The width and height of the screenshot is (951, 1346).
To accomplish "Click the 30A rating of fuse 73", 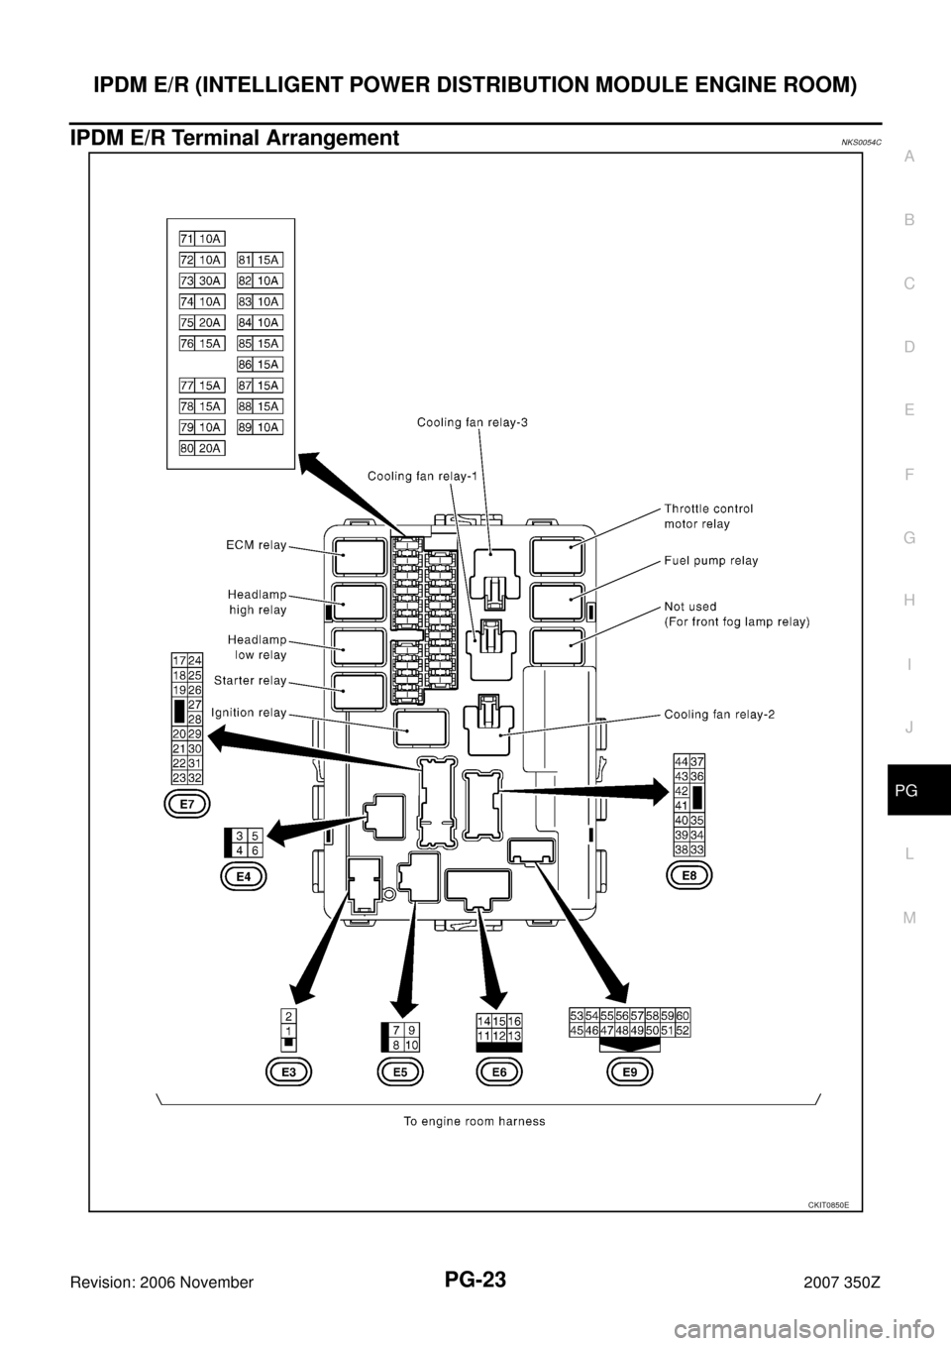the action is point(210,280).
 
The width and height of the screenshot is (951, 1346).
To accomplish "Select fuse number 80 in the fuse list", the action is point(186,448).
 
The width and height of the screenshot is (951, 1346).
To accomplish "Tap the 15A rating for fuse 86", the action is point(267,364).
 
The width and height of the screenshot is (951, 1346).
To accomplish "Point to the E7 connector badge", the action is point(187,805).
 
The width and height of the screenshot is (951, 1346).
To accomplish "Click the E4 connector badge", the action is point(243,877).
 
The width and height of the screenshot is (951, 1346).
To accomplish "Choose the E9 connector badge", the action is point(630,1072).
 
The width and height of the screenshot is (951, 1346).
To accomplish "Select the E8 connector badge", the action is point(689,875).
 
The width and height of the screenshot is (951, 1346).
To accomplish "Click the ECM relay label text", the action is point(257,545).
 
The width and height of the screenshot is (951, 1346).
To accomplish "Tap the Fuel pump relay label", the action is point(711,561).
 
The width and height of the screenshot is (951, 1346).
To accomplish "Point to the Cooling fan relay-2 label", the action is point(719,715).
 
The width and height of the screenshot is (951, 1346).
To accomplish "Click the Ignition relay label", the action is point(250,713).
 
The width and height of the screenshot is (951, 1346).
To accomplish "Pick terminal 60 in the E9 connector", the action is point(683,1016).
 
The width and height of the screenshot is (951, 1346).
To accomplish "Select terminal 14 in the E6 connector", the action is point(483,1021).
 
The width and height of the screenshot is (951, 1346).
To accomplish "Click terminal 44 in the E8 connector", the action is point(682,761).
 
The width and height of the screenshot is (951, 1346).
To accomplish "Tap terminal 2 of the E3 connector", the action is point(288,1017).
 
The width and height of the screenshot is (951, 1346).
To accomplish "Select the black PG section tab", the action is point(919,790).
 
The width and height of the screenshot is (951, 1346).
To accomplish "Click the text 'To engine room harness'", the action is point(475,1121).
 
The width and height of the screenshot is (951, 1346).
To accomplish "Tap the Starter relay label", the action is point(251,681).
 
